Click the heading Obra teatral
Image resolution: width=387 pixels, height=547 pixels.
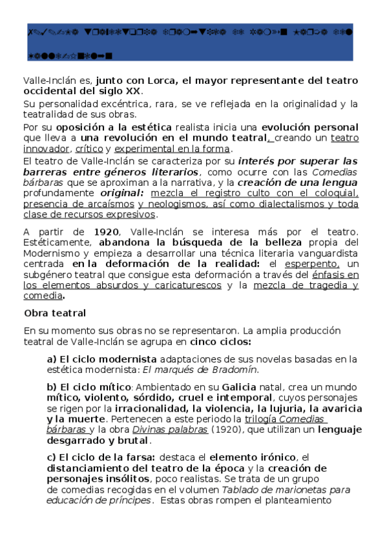[x=55, y=313]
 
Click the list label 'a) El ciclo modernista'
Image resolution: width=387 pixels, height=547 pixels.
[x=101, y=359]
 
